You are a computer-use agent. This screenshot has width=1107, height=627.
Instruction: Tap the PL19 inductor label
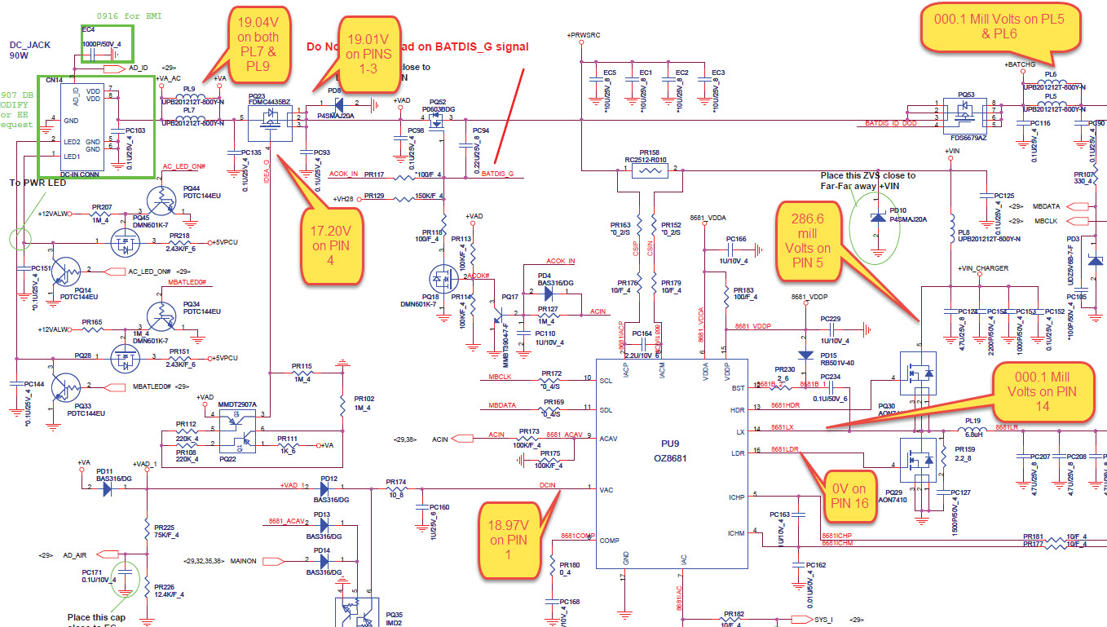coord(972,421)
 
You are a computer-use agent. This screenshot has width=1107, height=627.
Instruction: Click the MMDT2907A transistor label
coord(237,404)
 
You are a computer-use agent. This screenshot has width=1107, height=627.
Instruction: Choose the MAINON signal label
coord(245,560)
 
